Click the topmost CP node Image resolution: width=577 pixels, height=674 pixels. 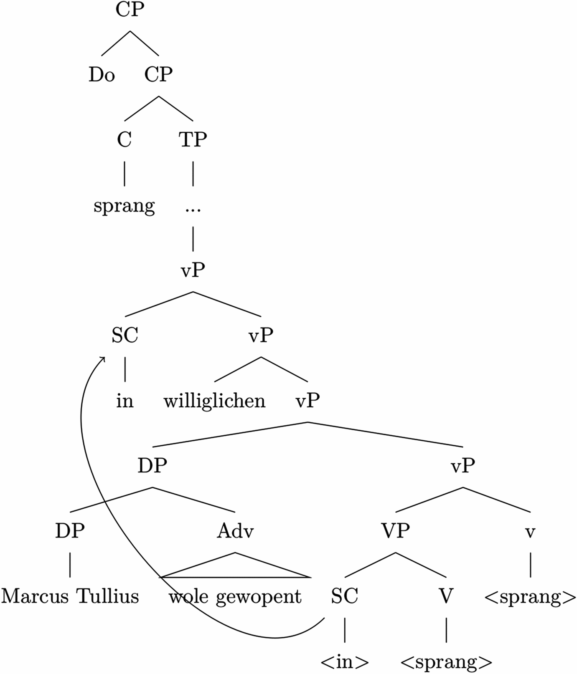(130, 10)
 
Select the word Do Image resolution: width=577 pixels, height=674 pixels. (102, 75)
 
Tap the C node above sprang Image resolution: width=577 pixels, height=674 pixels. (124, 140)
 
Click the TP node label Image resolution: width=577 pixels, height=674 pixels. (193, 140)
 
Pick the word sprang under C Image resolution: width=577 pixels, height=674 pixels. (124, 206)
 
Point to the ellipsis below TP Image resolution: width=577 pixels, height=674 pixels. (193, 209)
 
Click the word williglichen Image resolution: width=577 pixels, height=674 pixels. (214, 401)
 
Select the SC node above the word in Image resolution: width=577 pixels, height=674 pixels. (125, 336)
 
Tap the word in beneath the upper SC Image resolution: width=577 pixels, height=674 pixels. (125, 401)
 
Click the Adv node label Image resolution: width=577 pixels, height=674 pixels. (235, 531)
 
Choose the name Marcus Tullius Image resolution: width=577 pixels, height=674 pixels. (70, 596)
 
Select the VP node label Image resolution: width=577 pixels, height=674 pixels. (395, 531)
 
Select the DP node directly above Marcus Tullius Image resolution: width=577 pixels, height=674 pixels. (70, 531)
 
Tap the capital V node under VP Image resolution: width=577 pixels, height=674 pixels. (446, 596)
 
